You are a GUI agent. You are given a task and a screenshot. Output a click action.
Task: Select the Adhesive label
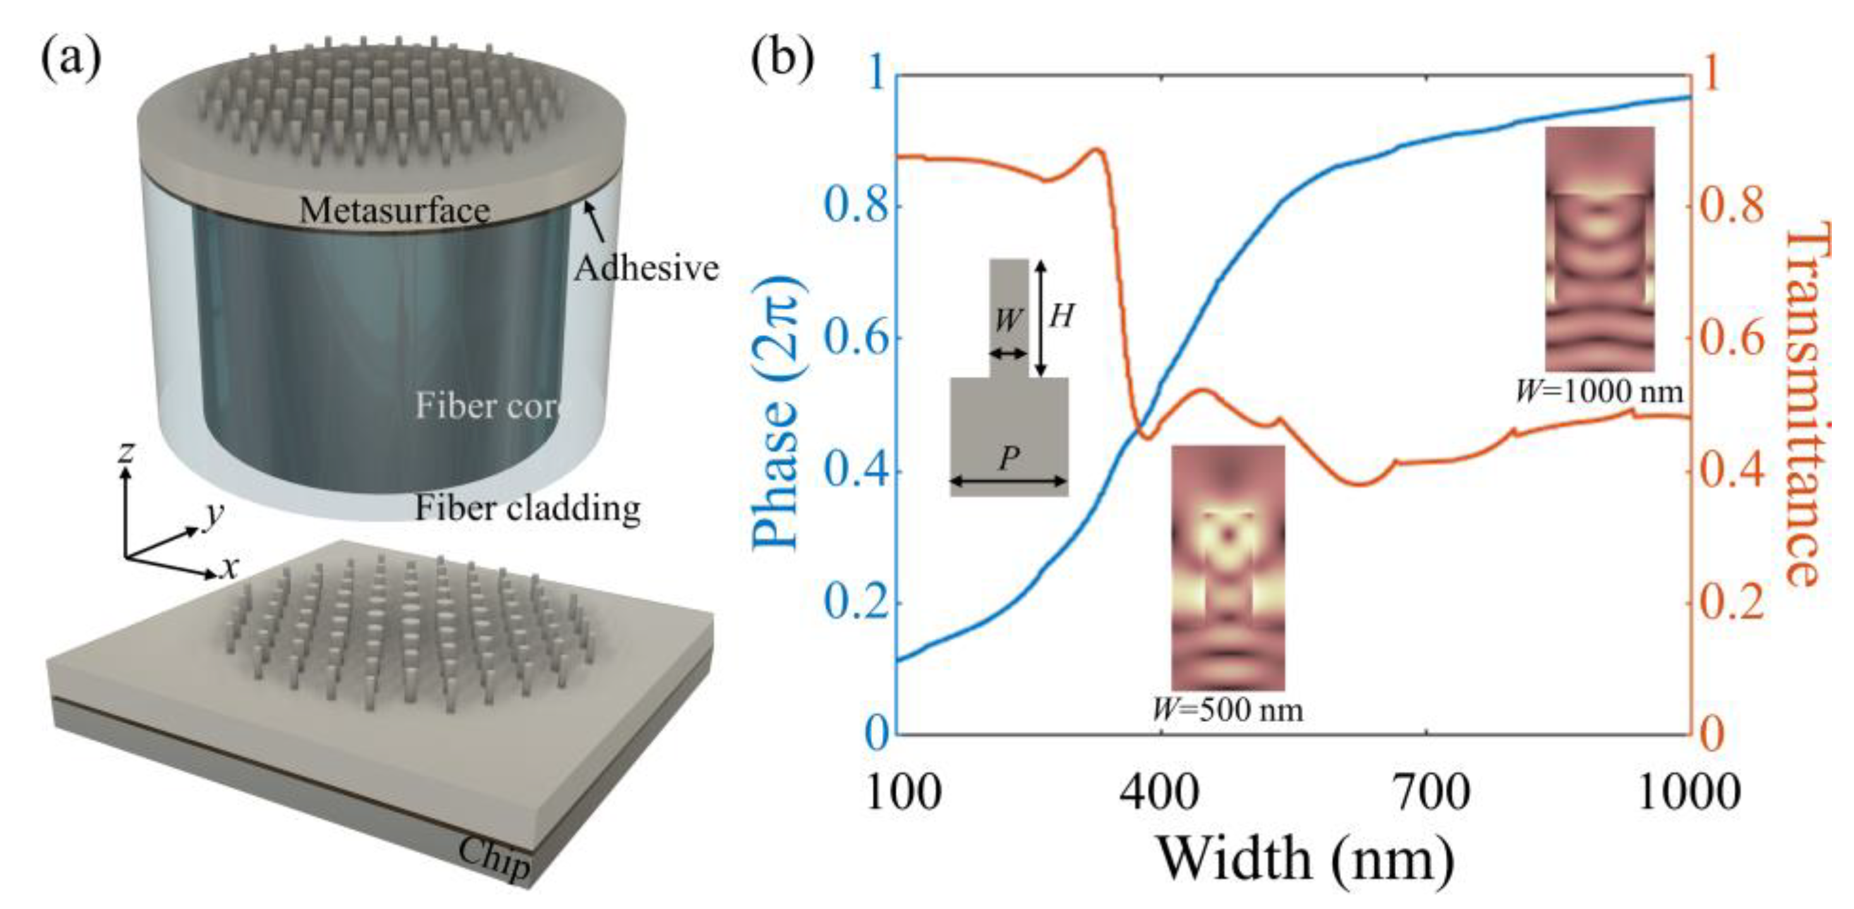coord(646,269)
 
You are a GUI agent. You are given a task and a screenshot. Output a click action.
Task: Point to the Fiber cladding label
coord(527,508)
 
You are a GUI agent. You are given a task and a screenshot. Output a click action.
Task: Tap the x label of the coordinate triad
coord(229,568)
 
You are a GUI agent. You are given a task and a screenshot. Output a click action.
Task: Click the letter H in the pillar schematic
coord(1061,315)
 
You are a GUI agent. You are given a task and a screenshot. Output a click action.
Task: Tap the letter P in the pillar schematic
coord(1009,458)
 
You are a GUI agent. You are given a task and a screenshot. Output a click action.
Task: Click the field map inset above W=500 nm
coord(1228,568)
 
